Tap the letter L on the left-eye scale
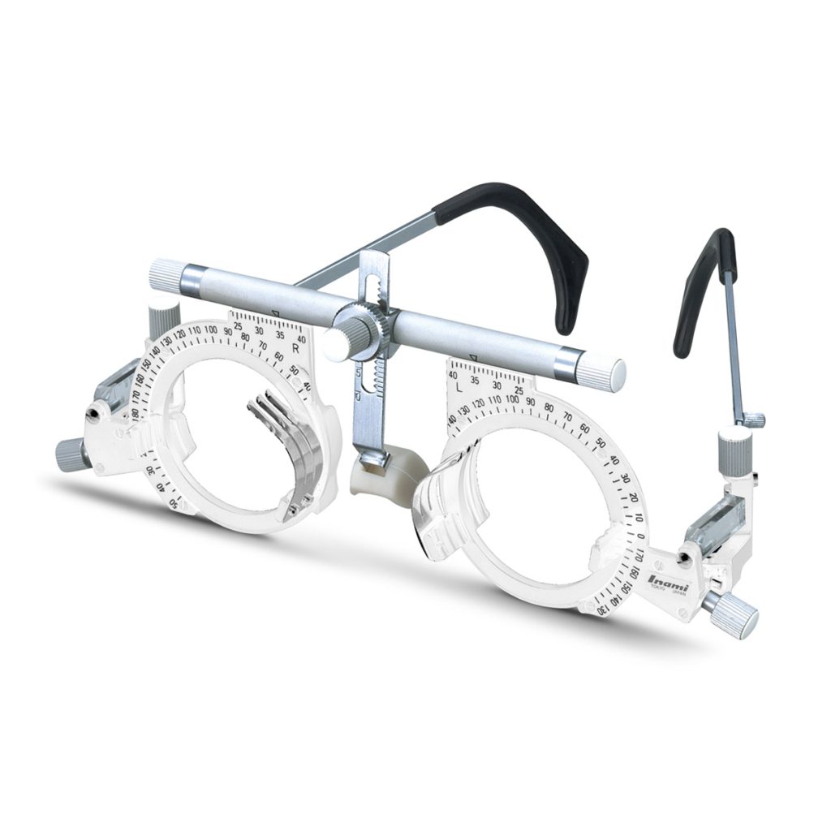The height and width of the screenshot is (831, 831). [459, 387]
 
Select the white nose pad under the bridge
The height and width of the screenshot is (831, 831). [388, 479]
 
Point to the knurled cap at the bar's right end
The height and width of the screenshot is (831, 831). [601, 372]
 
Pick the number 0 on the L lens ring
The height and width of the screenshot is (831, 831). [640, 536]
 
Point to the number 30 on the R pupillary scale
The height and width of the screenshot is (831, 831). [259, 330]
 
